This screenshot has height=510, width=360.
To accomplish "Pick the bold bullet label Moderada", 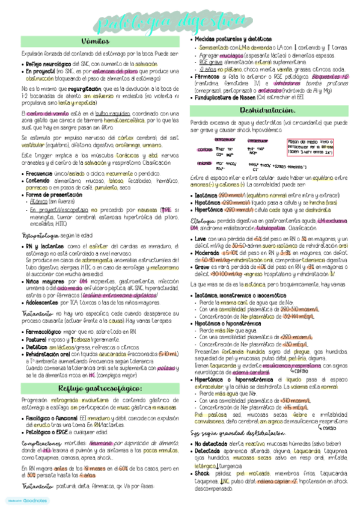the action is pos(206,251).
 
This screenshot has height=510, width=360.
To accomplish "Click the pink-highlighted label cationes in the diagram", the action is pos(205,150).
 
